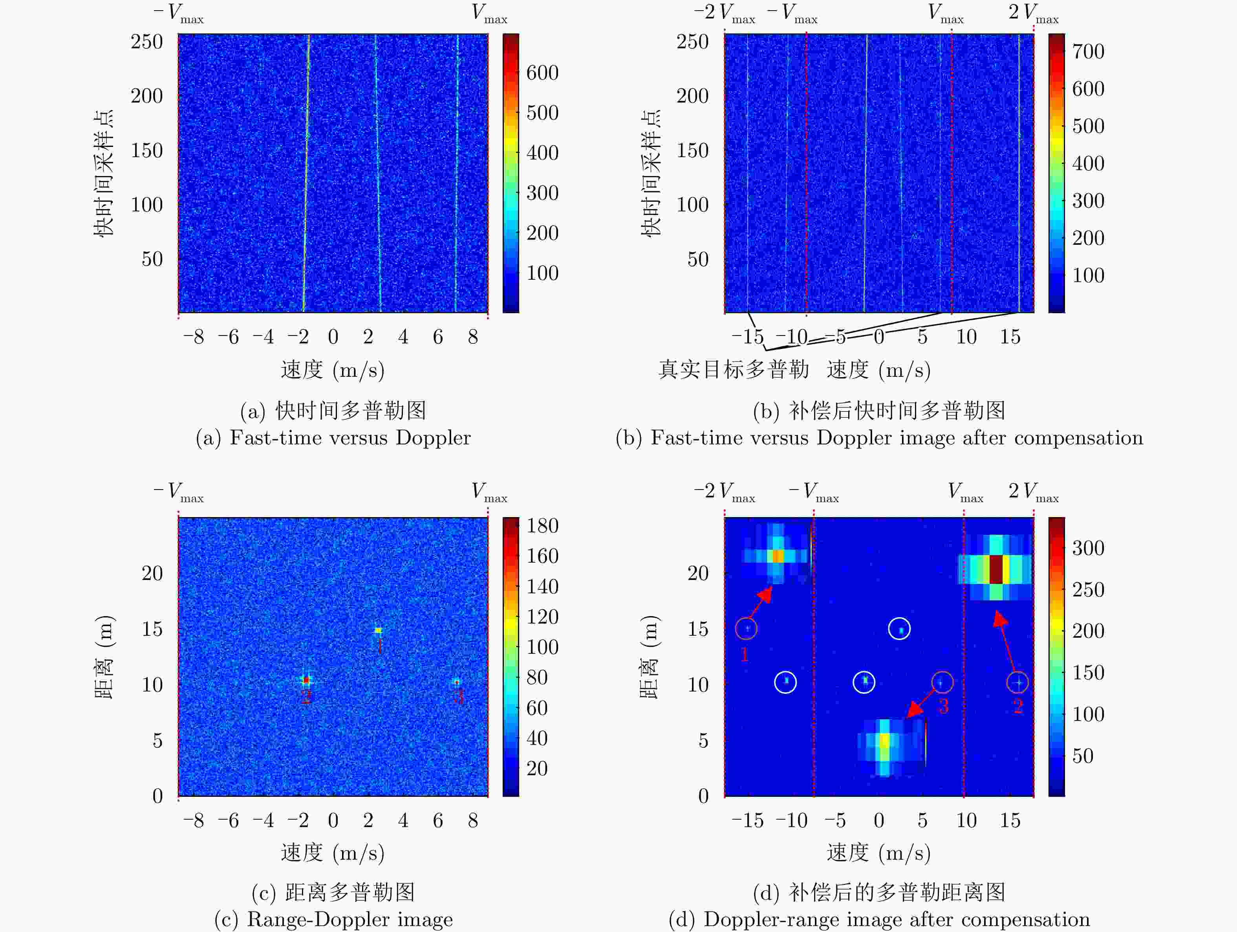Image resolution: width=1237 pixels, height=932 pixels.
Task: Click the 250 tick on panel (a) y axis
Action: click(x=146, y=42)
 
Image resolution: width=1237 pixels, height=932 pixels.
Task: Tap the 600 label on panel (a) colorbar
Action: click(x=542, y=73)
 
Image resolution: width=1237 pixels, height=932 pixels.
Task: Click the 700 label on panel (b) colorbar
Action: click(x=1088, y=51)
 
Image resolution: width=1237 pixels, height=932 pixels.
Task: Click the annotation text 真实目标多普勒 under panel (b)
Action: click(x=733, y=369)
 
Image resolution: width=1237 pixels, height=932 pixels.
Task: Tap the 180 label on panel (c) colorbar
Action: click(x=542, y=526)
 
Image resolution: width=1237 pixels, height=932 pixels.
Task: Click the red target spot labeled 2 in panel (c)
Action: click(x=306, y=680)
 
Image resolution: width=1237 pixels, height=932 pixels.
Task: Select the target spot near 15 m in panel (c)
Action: click(x=379, y=631)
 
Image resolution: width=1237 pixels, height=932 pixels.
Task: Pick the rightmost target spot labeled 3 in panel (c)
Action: click(x=457, y=682)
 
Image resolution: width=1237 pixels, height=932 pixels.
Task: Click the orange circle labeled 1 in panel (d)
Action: click(x=746, y=629)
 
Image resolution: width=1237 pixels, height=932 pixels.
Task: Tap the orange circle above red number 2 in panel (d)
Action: click(x=1017, y=682)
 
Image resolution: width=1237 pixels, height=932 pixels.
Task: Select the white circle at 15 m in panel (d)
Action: click(x=899, y=629)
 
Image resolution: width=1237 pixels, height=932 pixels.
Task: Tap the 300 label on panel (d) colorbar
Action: click(x=1088, y=548)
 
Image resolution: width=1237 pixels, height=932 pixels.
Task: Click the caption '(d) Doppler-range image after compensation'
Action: click(x=879, y=919)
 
